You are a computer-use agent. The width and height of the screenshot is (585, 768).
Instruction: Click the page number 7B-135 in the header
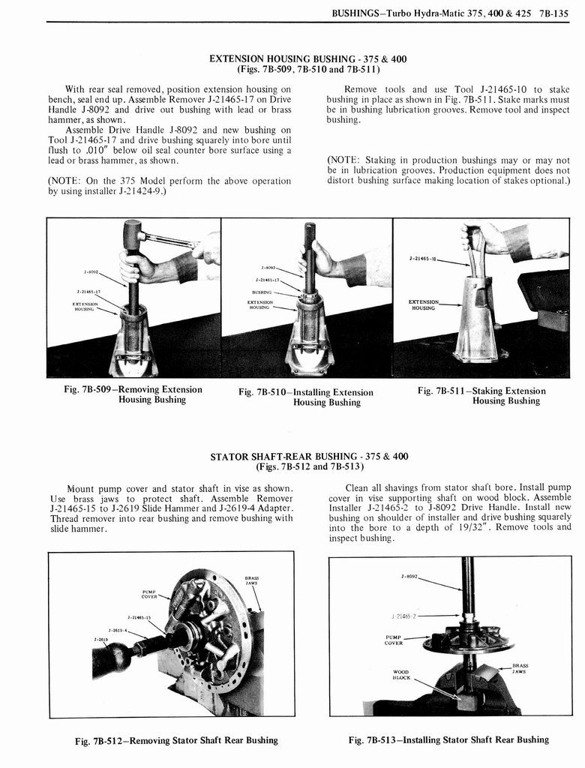click(553, 10)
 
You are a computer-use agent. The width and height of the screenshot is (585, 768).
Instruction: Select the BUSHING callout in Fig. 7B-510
click(262, 292)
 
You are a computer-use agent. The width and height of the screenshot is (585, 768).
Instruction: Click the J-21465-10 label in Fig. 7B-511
click(424, 259)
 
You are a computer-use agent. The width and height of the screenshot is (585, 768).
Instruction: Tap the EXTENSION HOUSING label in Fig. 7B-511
click(423, 304)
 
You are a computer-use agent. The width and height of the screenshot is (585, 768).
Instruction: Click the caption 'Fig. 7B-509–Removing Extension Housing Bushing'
click(133, 394)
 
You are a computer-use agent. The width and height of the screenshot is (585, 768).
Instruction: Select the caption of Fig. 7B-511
click(481, 395)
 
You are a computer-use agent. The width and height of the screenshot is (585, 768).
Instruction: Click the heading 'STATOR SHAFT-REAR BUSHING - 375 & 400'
click(309, 456)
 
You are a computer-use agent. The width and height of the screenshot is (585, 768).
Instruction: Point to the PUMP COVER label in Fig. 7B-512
click(148, 595)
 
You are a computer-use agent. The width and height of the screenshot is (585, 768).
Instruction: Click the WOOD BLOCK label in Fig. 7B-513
click(401, 674)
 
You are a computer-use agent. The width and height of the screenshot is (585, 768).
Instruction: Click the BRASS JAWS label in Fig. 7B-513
click(520, 668)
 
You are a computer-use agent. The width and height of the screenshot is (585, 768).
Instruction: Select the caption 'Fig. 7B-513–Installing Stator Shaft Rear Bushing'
click(448, 739)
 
